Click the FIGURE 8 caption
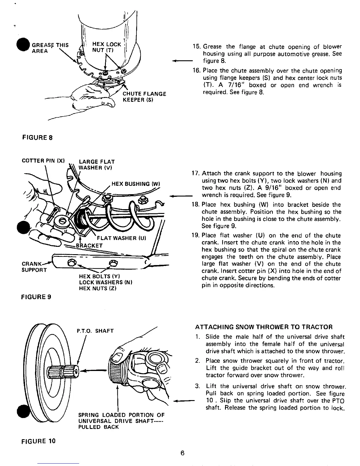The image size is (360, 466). point(37,137)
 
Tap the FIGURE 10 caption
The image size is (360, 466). point(38,441)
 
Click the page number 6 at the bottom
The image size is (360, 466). point(182,453)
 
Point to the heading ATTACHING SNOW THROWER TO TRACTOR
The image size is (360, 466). point(264,327)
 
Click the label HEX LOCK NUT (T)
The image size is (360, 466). point(106,47)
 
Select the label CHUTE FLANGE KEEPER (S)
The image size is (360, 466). point(144,96)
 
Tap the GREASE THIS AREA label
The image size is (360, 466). point(50,48)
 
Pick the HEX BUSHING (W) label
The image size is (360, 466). point(136,184)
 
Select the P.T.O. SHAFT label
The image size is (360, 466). point(95,331)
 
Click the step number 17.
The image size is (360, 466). point(195,174)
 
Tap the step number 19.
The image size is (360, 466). point(195,236)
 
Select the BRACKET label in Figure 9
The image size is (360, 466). point(89,245)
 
